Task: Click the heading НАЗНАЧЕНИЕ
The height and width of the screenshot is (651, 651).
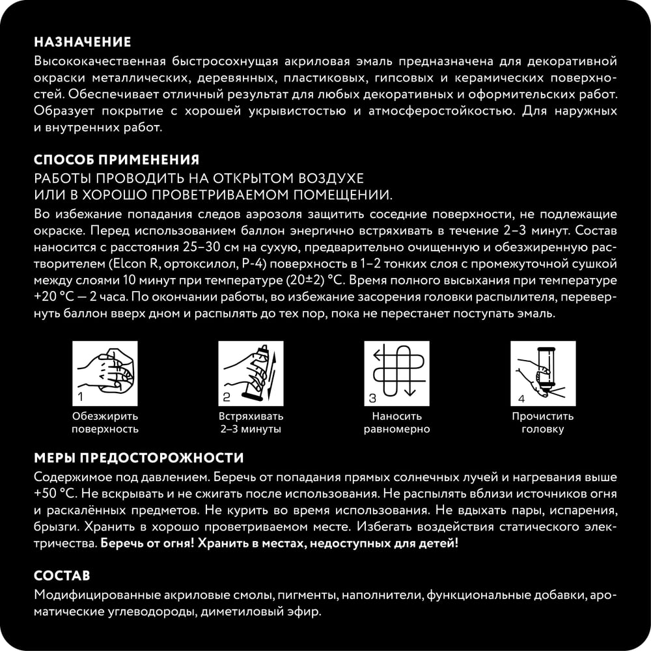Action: [x=82, y=42]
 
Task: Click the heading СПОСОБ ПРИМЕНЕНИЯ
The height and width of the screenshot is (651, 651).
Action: [x=116, y=160]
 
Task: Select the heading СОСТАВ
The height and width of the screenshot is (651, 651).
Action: [x=62, y=576]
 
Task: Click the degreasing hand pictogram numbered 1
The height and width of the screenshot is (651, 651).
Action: [x=104, y=372]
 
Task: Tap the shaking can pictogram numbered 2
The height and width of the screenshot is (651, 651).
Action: [x=251, y=372]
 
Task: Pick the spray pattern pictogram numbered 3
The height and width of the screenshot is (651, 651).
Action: [x=397, y=372]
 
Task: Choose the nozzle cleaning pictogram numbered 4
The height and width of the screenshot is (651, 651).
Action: [x=542, y=372]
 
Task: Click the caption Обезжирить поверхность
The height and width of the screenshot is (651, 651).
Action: [x=105, y=422]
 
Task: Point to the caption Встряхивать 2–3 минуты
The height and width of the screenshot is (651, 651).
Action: [x=251, y=422]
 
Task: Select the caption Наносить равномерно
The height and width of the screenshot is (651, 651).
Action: [x=397, y=422]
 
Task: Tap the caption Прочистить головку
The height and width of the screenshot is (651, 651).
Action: [x=542, y=422]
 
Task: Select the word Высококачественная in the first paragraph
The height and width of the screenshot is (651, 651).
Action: [x=91, y=61]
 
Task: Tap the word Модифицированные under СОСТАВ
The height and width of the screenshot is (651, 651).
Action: [x=88, y=596]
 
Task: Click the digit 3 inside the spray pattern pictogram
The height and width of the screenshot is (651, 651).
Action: [x=372, y=398]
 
